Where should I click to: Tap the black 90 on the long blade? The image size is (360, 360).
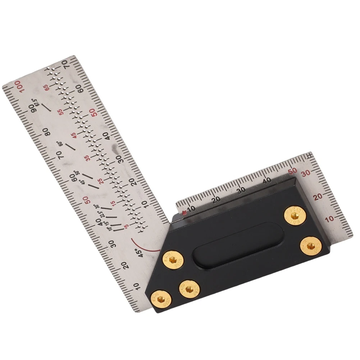click(x=33, y=108)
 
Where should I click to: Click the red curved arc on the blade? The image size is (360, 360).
click(x=142, y=244)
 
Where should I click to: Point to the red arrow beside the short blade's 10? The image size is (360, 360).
click(x=184, y=213)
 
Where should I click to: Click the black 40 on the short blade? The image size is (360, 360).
click(x=267, y=181)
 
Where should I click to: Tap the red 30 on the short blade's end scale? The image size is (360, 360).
click(x=306, y=173)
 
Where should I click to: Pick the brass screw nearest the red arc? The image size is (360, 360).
click(x=172, y=259)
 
